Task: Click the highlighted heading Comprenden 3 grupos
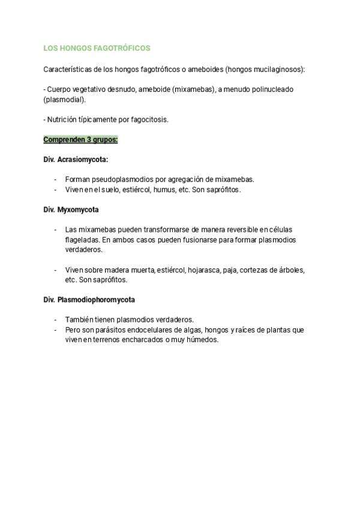pyautogui.click(x=80, y=139)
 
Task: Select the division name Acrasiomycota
pyautogui.click(x=83, y=159)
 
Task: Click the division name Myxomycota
pyautogui.click(x=79, y=209)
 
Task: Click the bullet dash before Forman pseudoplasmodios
pyautogui.click(x=56, y=179)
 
